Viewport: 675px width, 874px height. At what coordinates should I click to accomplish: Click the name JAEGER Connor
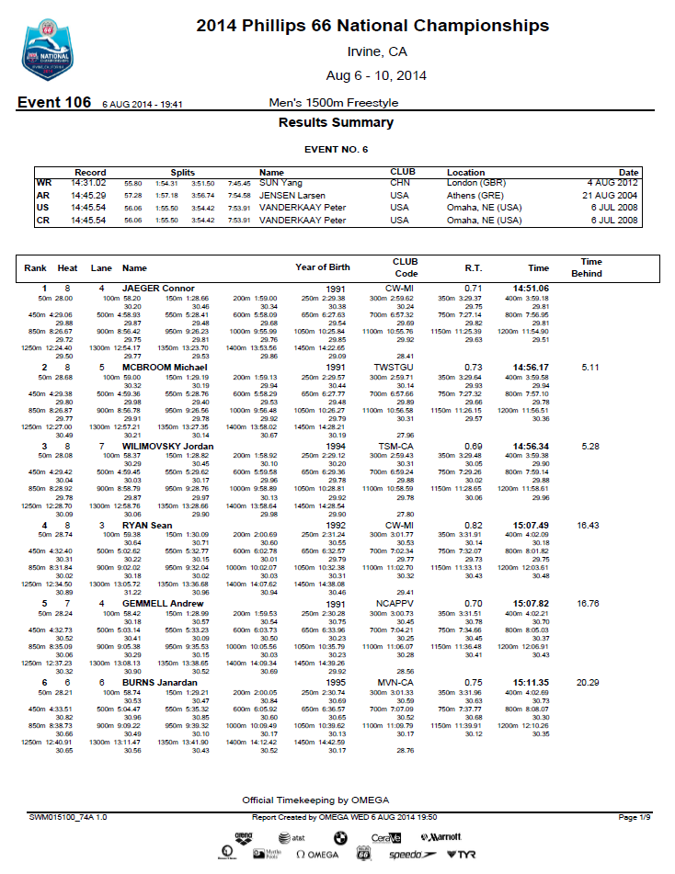(165, 289)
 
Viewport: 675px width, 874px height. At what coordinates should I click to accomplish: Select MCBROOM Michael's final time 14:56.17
(531, 367)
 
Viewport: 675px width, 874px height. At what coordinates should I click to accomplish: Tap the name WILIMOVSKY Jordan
(168, 446)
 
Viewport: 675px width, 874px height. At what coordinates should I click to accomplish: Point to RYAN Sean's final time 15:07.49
(531, 525)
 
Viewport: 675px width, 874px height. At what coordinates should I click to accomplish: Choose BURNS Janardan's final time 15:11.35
(531, 682)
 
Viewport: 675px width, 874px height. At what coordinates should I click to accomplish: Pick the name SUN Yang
(280, 183)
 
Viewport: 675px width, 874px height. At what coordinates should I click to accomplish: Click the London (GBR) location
(480, 183)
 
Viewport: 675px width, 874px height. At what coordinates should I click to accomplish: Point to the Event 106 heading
(54, 103)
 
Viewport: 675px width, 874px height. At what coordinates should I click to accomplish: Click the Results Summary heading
(336, 123)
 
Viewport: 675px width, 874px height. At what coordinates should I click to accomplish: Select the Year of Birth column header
(323, 267)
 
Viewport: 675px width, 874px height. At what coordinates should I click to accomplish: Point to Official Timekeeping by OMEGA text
(315, 800)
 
